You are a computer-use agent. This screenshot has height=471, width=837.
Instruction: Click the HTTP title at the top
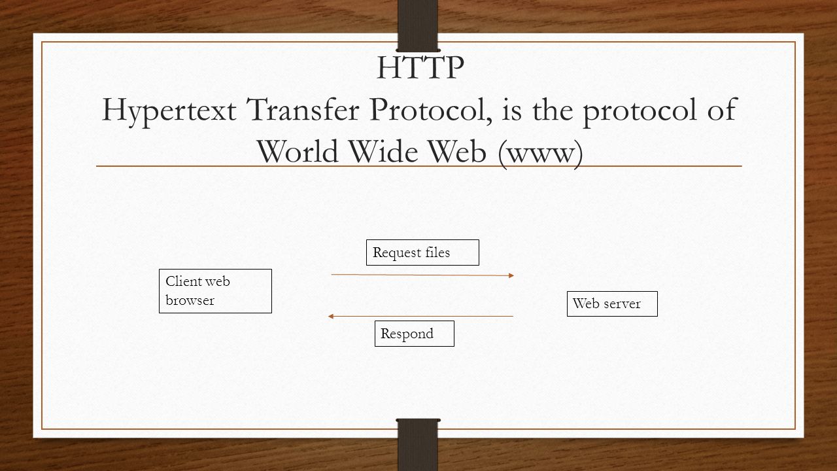[420, 67]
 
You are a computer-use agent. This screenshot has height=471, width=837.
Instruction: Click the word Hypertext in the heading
[169, 111]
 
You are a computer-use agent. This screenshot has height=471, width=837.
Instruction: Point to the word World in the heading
[298, 150]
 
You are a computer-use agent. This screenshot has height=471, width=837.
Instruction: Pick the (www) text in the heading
[540, 154]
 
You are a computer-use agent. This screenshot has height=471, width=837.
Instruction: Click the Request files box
[422, 253]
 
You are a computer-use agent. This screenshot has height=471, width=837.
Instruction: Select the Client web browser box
[215, 291]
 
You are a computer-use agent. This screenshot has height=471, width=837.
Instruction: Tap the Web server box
[612, 304]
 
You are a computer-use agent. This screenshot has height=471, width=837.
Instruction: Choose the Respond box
[415, 334]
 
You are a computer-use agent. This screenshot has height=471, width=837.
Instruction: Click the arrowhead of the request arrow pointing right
[512, 275]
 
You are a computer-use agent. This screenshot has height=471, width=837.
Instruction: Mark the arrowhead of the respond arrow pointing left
[330, 316]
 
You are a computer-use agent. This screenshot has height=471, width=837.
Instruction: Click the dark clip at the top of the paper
[418, 26]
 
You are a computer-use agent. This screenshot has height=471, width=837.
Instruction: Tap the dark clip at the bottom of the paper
[418, 445]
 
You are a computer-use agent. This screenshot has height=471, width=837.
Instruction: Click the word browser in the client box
[190, 300]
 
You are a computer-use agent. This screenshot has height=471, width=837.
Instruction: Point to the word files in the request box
[437, 253]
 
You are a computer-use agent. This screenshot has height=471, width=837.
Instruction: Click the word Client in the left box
[181, 281]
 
